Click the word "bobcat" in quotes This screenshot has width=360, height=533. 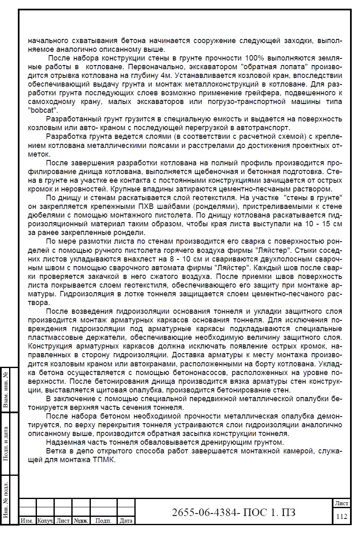[x=43, y=111]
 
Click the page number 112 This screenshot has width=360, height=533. [x=341, y=516]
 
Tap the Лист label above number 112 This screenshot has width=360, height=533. [x=341, y=503]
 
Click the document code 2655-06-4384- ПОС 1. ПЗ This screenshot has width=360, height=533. [x=234, y=513]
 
